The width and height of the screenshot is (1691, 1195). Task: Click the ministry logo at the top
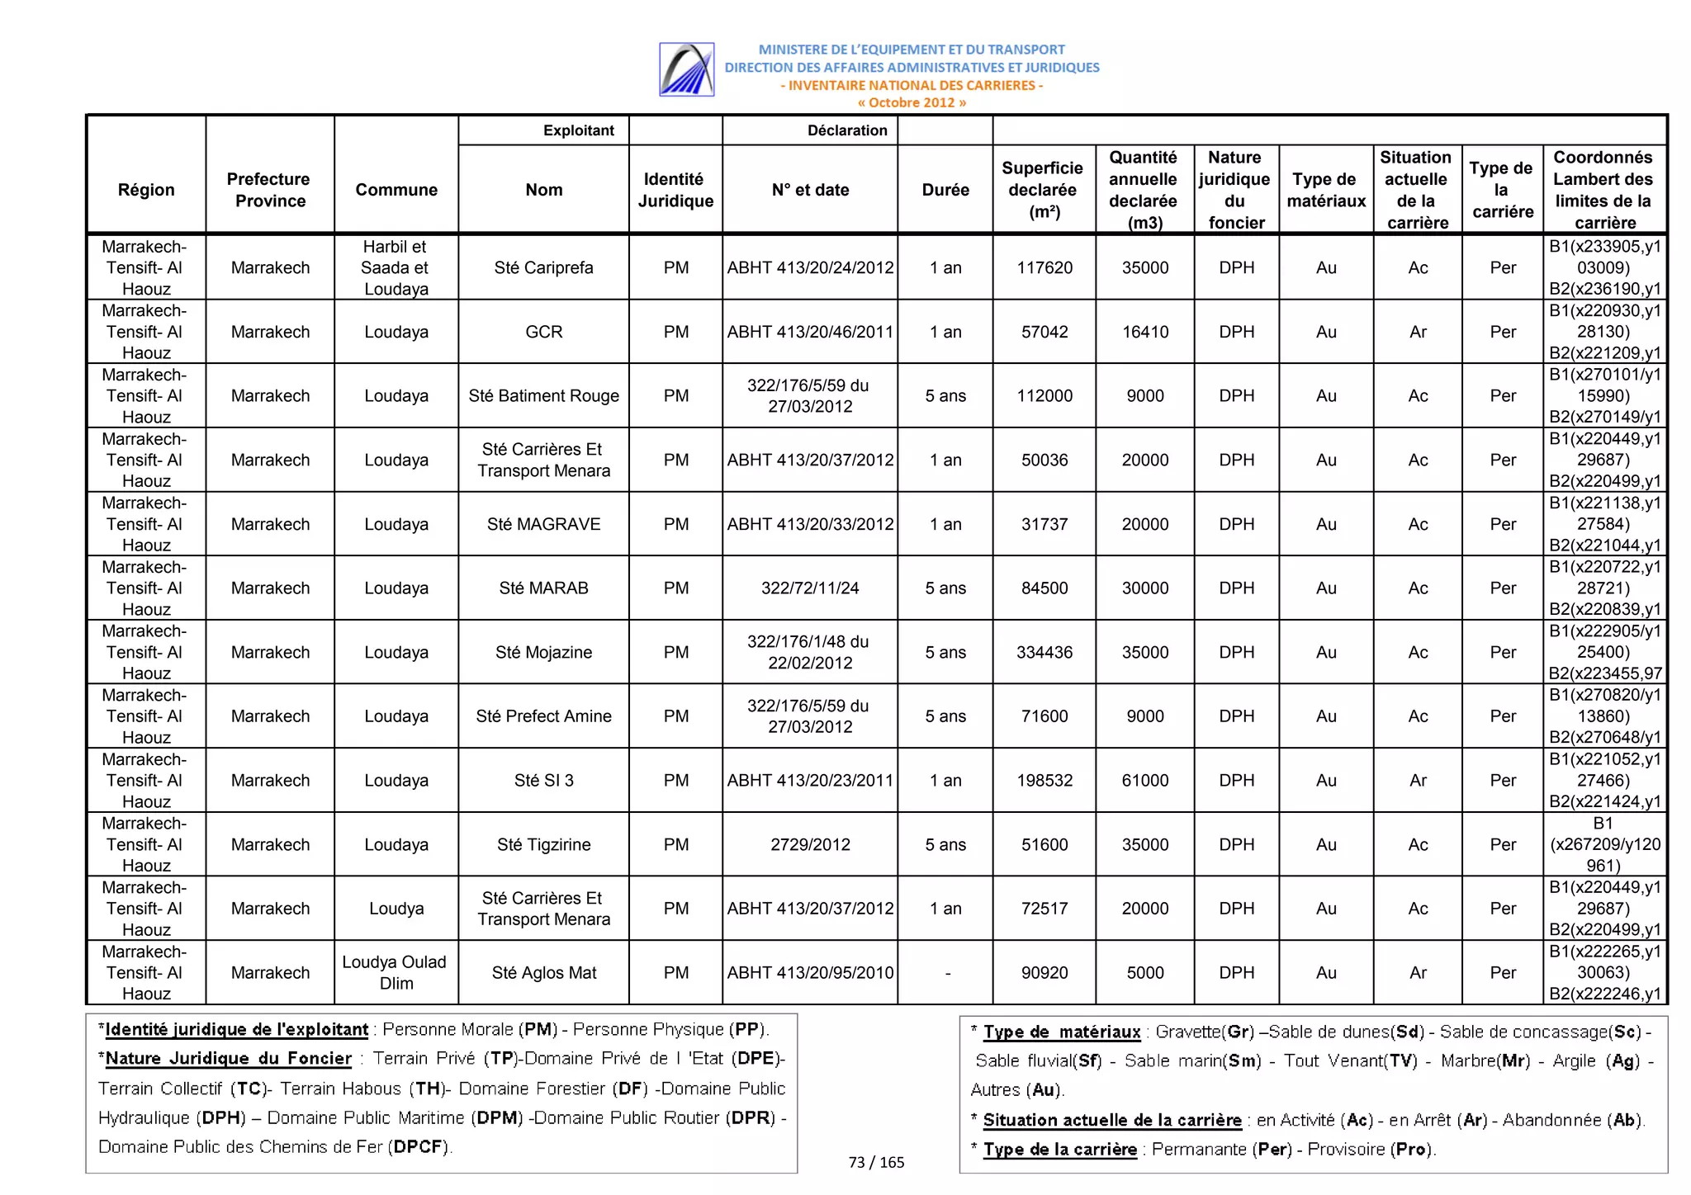(x=686, y=70)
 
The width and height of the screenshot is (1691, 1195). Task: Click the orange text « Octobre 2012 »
(x=911, y=103)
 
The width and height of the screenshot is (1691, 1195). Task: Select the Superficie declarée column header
(x=1043, y=190)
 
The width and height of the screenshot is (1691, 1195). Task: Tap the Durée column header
(x=945, y=190)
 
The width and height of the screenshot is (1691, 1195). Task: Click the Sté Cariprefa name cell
(x=543, y=267)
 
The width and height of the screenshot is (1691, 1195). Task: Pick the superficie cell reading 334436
(x=1044, y=652)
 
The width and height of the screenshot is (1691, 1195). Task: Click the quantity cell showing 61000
(x=1144, y=780)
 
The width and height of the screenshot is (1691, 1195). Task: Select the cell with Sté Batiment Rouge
(x=543, y=395)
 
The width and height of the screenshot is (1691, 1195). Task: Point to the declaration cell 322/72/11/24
(x=809, y=588)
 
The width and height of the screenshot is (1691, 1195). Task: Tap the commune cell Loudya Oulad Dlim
(x=396, y=972)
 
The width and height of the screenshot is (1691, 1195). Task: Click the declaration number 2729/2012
(x=809, y=844)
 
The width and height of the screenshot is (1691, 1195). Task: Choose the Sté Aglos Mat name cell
(x=543, y=972)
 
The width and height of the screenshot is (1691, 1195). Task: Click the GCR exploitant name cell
(x=543, y=332)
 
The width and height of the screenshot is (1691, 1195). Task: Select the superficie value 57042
(x=1044, y=332)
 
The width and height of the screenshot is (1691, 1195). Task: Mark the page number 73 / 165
(x=876, y=1162)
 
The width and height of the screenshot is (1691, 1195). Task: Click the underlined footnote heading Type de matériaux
(x=1061, y=1032)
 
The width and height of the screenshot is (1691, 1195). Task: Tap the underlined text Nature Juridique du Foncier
(x=228, y=1059)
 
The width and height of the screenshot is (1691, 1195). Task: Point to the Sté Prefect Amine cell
(x=543, y=716)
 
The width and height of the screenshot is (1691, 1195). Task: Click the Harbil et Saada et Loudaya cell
(x=396, y=267)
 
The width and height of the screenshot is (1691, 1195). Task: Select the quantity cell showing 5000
(x=1144, y=972)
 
